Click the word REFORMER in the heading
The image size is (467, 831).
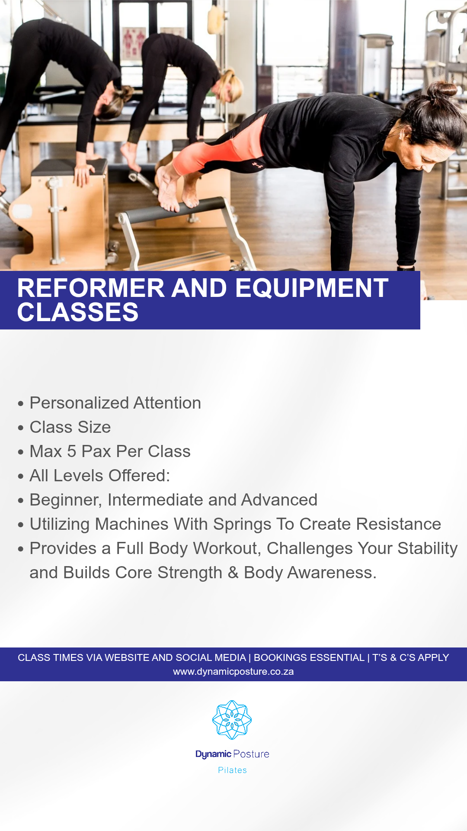click(91, 288)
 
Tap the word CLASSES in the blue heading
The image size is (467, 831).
click(78, 312)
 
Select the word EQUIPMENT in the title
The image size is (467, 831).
click(312, 288)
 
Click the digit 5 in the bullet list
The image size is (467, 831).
click(72, 451)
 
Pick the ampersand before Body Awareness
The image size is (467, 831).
click(233, 573)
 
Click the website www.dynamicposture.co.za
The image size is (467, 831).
click(233, 672)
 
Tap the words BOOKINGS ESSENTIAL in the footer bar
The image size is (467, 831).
click(309, 657)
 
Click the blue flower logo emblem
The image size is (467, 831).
click(232, 720)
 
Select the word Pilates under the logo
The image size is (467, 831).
click(233, 770)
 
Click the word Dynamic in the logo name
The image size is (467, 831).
click(213, 754)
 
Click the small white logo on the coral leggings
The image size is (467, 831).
click(258, 165)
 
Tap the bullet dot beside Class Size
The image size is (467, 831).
click(21, 428)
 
